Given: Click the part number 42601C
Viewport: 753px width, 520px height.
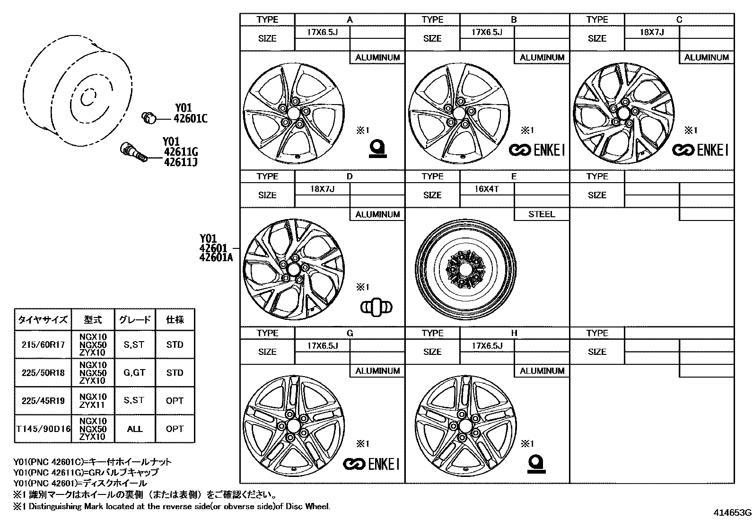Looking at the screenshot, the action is (190, 119).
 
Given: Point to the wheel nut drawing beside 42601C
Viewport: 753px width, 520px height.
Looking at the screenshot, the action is (149, 118).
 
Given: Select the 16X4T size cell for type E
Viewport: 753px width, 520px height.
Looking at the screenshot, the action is (486, 189).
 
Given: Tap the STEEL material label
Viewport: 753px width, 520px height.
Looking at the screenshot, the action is (542, 214).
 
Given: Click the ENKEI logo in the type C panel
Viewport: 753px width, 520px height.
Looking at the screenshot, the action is (700, 150).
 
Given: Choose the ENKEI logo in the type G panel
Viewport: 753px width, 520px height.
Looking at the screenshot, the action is (371, 464).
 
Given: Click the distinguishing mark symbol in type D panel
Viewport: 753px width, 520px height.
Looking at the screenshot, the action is (376, 307).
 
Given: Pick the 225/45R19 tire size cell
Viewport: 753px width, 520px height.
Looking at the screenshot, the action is (43, 401).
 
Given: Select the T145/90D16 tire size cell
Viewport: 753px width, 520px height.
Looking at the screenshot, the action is (43, 429).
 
